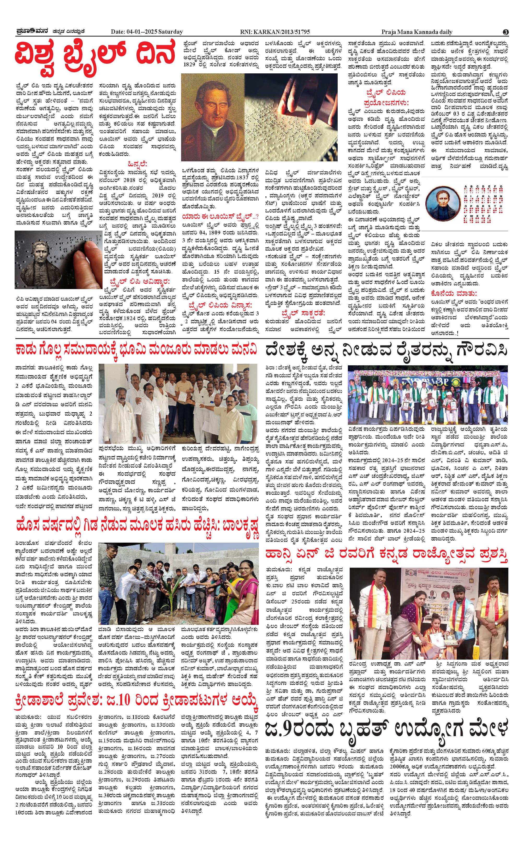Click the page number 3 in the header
[506, 32]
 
